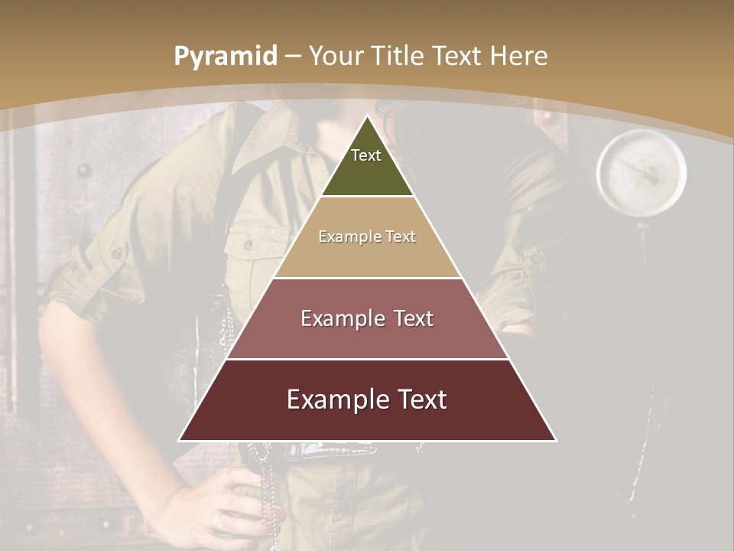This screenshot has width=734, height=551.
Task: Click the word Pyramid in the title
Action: click(225, 57)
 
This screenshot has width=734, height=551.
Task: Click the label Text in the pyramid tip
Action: click(366, 155)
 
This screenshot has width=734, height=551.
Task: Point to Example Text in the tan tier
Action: click(367, 236)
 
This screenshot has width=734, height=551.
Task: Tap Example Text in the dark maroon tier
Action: click(367, 399)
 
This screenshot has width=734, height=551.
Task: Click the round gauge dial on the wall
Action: click(641, 173)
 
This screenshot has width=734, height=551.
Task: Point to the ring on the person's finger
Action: click(219, 520)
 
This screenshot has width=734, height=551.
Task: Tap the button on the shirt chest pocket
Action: click(248, 245)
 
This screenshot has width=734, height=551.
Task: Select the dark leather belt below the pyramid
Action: click(329, 452)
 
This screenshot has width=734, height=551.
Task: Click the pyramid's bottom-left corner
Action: click(180, 440)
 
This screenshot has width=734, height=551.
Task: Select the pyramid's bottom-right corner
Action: click(556, 440)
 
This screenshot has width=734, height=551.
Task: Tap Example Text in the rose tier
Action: click(367, 318)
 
